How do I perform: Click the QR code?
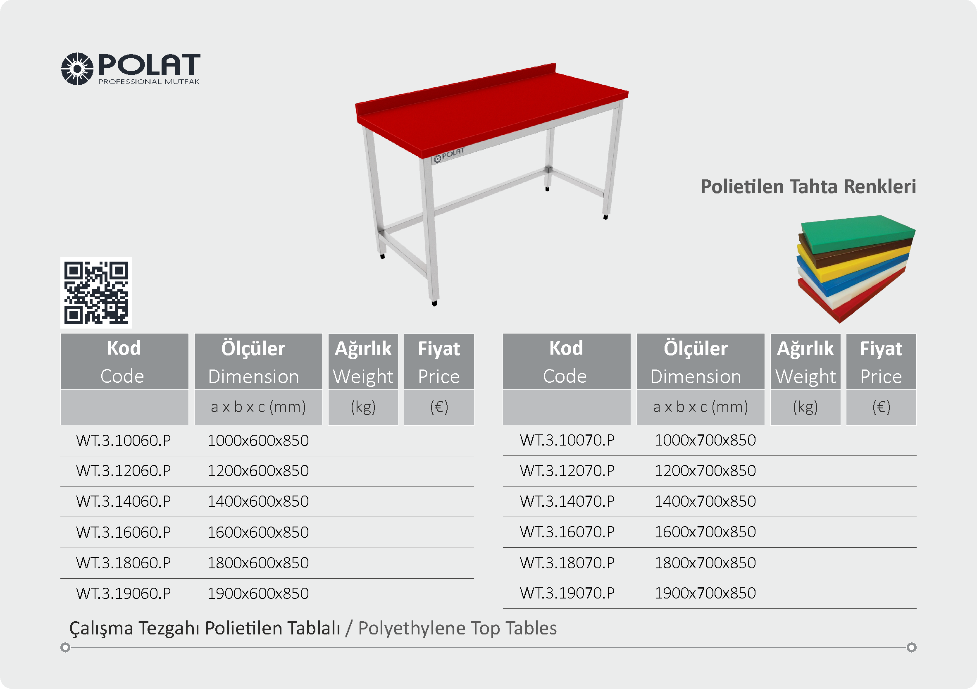[x=96, y=293]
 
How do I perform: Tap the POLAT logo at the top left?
[x=131, y=69]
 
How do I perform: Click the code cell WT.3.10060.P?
[x=124, y=441]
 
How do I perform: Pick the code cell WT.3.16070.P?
[x=567, y=532]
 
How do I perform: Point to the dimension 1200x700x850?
[x=705, y=471]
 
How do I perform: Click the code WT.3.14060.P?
[x=124, y=501]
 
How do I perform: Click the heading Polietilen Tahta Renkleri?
[x=808, y=187]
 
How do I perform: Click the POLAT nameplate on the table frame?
[x=449, y=155]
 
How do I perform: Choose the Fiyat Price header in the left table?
[x=439, y=362]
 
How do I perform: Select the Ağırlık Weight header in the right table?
[x=805, y=362]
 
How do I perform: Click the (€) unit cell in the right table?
[x=881, y=407]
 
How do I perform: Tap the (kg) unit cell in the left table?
[x=363, y=407]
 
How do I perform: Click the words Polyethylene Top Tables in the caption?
[x=458, y=629]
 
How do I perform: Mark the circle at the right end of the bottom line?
[x=911, y=647]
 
